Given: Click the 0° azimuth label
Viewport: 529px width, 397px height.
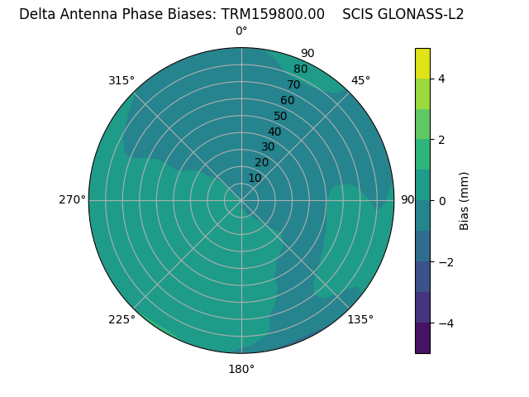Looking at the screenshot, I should pos(241,31).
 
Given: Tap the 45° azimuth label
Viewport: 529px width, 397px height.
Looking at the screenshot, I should pos(360,80).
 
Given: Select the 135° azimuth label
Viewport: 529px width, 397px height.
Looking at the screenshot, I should pos(360,319).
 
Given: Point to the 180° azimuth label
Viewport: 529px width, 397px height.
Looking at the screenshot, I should pos(241,369).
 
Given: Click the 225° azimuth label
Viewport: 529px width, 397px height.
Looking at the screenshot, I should pos(122,319).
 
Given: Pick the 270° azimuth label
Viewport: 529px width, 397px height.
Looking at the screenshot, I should pos(72,199).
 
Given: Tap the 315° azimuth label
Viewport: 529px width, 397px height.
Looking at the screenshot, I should pos(122,80).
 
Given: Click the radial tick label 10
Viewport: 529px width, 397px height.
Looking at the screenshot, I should pos(255,178).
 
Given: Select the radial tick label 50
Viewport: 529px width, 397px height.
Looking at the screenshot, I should pos(281,116).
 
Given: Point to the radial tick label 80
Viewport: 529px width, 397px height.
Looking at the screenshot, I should pos(300,69).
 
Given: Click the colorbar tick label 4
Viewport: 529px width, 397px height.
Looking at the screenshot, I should pos(442,79).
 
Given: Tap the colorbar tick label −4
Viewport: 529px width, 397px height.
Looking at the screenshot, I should pos(444,323).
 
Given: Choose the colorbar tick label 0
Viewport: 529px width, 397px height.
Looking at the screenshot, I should pos(442,200).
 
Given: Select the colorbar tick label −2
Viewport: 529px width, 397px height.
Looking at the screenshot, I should pos(444,261).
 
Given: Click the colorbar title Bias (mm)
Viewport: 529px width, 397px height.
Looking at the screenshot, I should pos(465,200).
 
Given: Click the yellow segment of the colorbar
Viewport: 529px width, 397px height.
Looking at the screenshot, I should pos(422,63).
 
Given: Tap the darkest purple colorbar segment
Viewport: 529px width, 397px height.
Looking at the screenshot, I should pos(422,337).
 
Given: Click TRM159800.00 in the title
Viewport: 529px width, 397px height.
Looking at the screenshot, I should pos(273,14).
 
